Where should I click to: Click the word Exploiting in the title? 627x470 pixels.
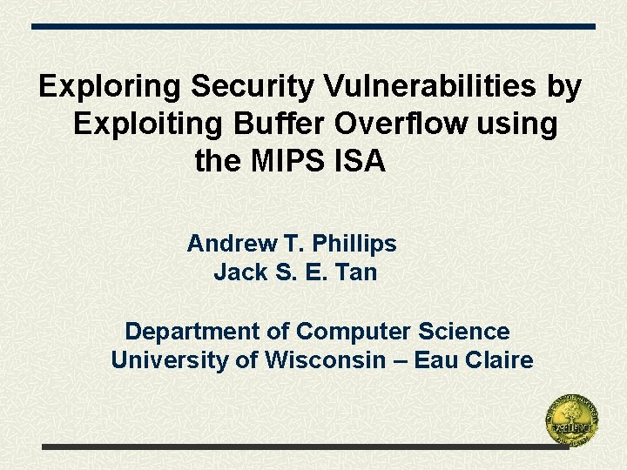pos(147,124)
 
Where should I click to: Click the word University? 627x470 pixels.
pos(170,360)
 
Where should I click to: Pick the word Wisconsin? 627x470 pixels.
pos(324,360)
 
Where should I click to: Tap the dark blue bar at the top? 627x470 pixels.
pos(313,26)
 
